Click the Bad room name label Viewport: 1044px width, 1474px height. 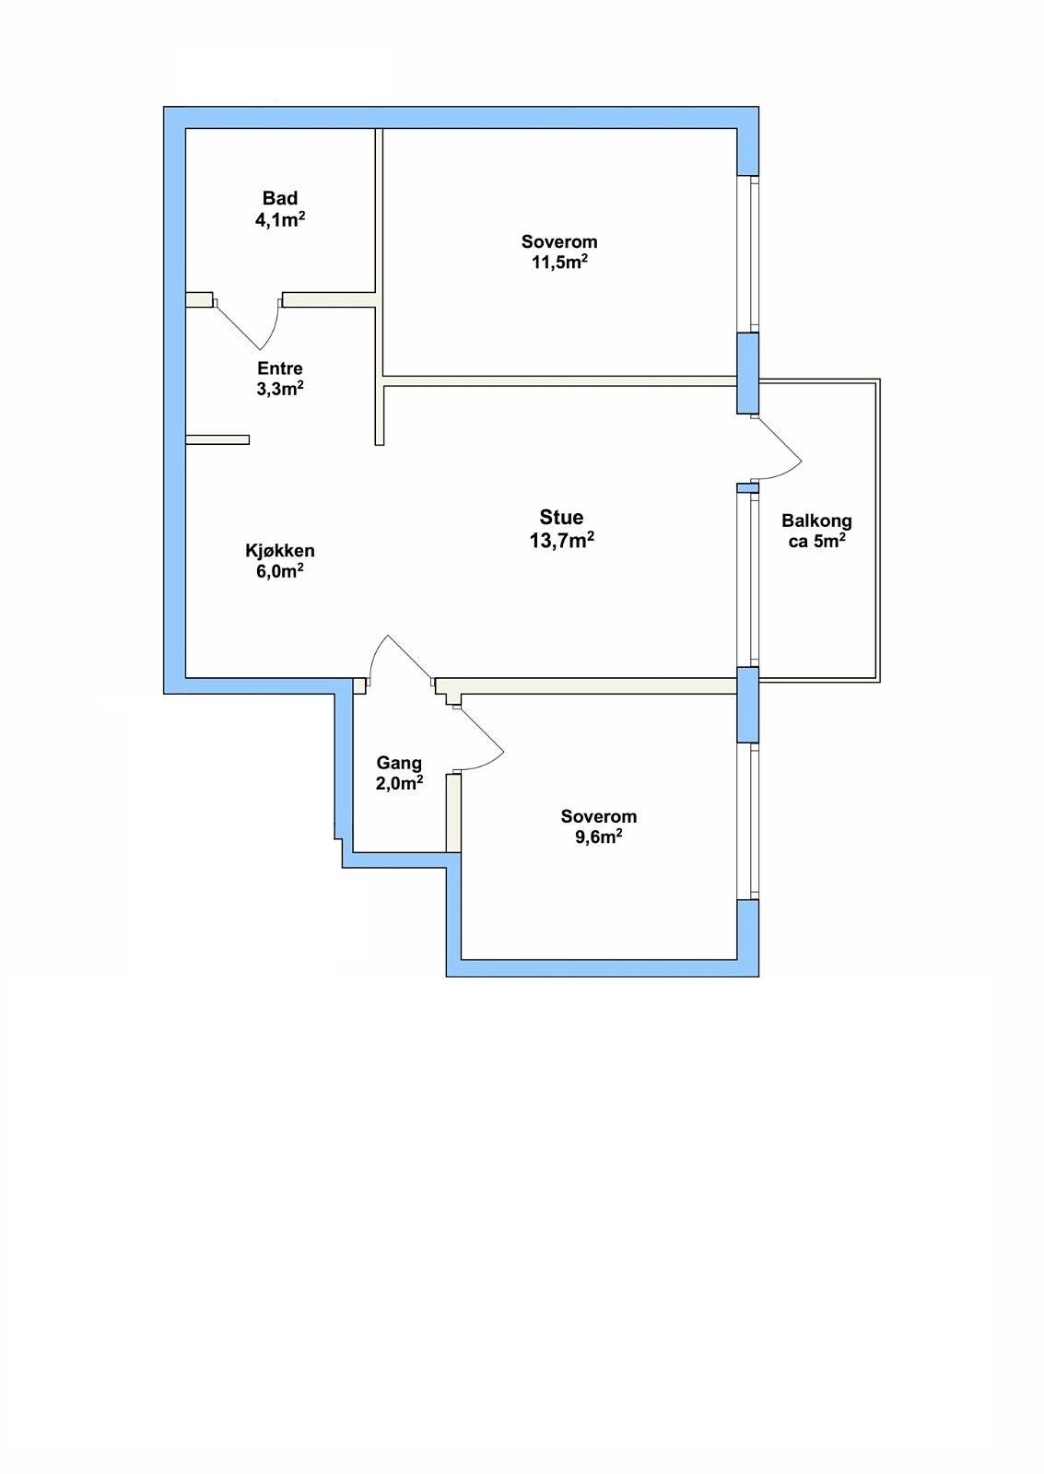tap(280, 198)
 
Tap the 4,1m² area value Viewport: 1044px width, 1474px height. tap(280, 219)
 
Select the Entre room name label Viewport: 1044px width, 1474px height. tap(280, 368)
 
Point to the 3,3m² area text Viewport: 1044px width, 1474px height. tap(280, 388)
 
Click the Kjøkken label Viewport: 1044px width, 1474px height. tap(280, 550)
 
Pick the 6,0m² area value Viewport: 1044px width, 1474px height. tap(280, 570)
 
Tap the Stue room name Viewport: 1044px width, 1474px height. tap(561, 517)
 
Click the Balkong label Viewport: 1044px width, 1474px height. tap(817, 521)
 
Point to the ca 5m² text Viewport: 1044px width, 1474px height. tap(817, 543)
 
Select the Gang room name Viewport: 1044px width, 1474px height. tap(399, 764)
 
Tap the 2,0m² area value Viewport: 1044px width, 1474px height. tap(399, 783)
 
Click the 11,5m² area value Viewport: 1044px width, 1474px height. tap(559, 263)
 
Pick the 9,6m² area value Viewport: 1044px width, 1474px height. tap(598, 837)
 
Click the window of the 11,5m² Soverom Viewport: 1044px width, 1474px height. tap(748, 253)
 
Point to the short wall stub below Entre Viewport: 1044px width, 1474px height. tap(217, 439)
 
